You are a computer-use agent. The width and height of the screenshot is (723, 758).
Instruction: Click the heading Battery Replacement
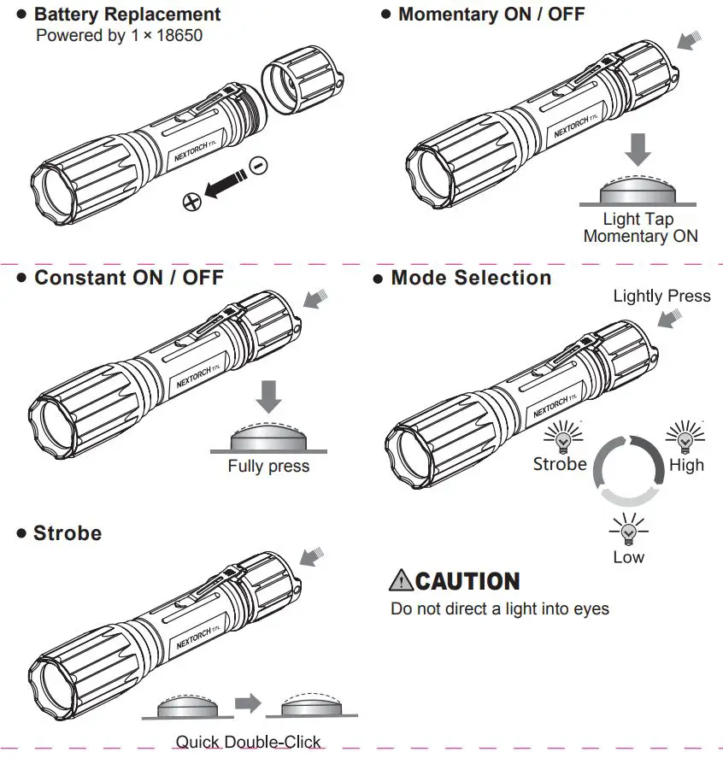point(126,15)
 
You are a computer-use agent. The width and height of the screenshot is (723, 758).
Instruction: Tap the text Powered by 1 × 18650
point(119,36)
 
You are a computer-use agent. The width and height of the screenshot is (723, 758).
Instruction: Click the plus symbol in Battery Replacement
point(192,202)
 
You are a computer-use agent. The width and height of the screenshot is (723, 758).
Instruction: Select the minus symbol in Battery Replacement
point(257,164)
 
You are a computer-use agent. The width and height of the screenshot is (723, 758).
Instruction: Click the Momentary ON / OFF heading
point(491,14)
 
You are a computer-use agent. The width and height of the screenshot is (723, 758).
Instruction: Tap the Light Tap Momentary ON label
point(639,228)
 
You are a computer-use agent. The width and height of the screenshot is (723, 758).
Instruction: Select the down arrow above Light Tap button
point(637,149)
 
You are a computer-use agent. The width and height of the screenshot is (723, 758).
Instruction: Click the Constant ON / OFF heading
point(128,278)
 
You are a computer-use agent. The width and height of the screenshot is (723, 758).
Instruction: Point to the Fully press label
point(268,467)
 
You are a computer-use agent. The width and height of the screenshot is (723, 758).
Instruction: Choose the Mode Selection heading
point(470,278)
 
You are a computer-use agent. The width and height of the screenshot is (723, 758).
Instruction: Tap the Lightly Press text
point(661,296)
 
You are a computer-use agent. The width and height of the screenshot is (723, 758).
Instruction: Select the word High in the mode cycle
point(686,465)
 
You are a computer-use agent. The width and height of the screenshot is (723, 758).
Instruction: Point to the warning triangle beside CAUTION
point(401,581)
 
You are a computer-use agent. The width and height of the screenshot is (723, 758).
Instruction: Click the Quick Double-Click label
point(249,742)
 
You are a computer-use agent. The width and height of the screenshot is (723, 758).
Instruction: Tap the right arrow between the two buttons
point(247,702)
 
